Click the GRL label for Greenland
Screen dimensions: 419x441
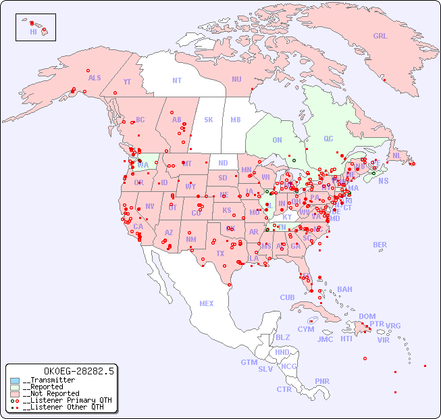click(x=380, y=36)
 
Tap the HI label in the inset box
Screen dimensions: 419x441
click(x=33, y=32)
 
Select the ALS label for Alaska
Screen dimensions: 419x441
click(x=95, y=78)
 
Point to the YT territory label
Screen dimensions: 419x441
click(x=127, y=82)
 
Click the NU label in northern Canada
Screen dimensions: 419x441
click(x=236, y=80)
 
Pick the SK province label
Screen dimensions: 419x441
click(x=209, y=120)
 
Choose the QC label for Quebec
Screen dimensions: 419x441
click(x=328, y=139)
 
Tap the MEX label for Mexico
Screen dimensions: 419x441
click(x=207, y=304)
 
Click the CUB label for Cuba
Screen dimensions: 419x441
click(x=287, y=298)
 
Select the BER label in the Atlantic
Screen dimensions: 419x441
click(x=380, y=245)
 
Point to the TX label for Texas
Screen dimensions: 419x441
click(x=220, y=254)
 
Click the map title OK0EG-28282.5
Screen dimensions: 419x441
click(x=78, y=371)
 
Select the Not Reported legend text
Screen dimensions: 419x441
click(x=51, y=393)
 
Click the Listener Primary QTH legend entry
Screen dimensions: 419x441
click(x=62, y=400)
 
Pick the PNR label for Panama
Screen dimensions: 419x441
click(x=322, y=381)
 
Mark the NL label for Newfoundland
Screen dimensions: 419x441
click(x=397, y=155)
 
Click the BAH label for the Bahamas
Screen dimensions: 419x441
click(x=344, y=290)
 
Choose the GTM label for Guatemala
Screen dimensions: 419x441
click(x=249, y=362)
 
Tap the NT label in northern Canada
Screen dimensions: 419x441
click(x=177, y=80)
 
